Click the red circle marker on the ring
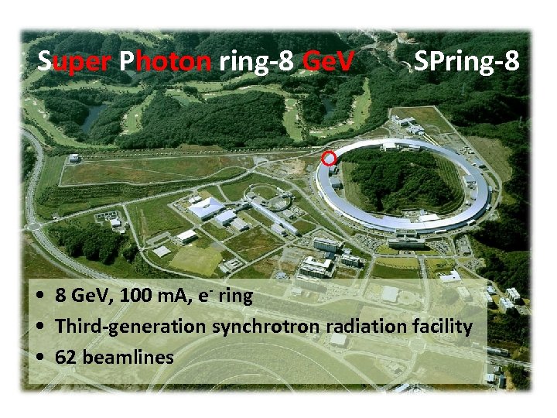(329, 159)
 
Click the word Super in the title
(76, 61)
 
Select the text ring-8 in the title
(256, 61)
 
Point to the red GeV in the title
(328, 61)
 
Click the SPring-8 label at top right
(466, 61)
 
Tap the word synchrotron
(258, 327)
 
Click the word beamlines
(126, 357)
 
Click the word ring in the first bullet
(235, 296)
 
